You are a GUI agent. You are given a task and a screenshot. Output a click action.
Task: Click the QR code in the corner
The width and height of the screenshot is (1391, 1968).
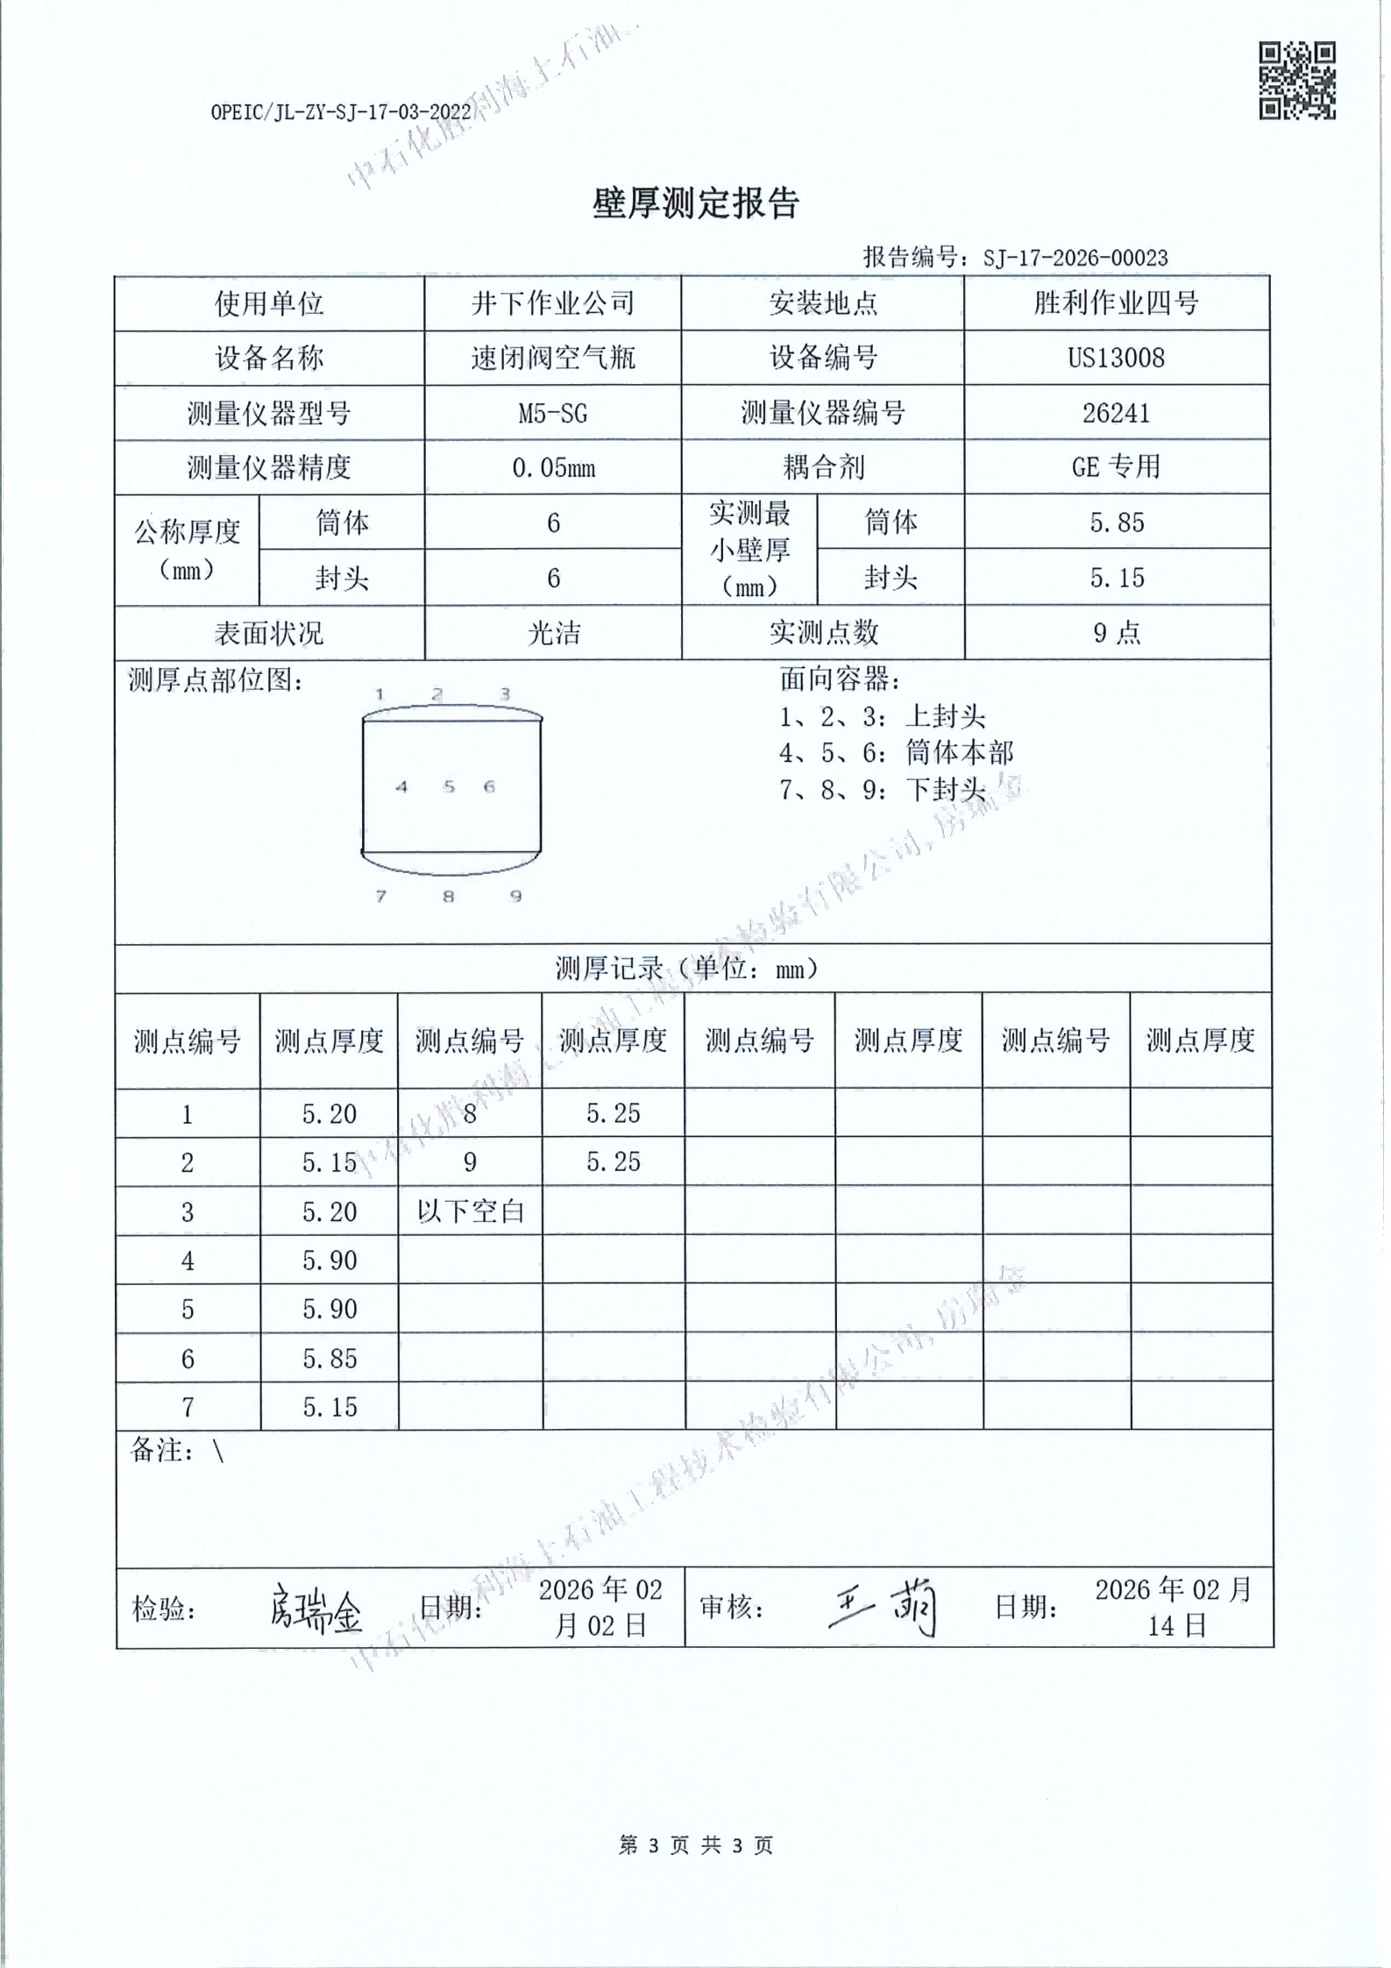tap(1296, 81)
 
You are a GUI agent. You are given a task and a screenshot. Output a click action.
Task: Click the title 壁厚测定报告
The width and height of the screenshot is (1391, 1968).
tap(695, 203)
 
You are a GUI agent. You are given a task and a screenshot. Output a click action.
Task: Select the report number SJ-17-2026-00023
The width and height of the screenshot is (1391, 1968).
tap(1075, 258)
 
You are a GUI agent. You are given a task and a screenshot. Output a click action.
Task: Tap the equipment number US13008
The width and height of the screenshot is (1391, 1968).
tap(1116, 358)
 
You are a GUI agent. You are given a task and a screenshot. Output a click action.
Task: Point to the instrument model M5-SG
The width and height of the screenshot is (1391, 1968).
tap(552, 413)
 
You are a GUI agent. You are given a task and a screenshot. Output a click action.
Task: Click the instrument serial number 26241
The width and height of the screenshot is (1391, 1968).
tap(1116, 413)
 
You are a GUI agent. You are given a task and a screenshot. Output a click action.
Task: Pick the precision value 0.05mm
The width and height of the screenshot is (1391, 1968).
tap(552, 468)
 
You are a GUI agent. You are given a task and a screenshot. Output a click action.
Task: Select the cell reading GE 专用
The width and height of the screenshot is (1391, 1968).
tap(1116, 466)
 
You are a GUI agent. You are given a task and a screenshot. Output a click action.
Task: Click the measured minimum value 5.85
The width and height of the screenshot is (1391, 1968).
tap(1117, 523)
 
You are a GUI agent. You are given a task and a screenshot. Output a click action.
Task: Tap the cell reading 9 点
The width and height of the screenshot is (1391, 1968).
tap(1116, 633)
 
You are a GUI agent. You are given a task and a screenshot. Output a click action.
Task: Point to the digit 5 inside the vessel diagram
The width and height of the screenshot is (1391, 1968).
tap(449, 786)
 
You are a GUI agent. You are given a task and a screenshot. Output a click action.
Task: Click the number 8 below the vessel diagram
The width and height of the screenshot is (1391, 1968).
tap(448, 896)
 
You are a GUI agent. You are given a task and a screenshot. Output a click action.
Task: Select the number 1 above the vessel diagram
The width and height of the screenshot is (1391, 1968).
tap(380, 694)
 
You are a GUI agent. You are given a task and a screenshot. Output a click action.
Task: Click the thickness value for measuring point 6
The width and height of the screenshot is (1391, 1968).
tap(330, 1359)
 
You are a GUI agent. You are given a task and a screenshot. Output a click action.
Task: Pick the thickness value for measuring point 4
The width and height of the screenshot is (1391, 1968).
tap(330, 1261)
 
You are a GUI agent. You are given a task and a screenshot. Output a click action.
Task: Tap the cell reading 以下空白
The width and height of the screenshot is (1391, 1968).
tap(470, 1211)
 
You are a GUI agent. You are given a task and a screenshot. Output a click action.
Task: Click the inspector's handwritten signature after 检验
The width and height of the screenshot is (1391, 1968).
tap(315, 1609)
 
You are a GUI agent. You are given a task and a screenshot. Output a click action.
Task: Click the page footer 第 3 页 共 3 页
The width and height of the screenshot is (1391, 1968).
tap(695, 1845)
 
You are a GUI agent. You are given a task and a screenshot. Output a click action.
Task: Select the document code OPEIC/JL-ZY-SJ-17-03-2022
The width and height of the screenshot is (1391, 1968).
tap(341, 112)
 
